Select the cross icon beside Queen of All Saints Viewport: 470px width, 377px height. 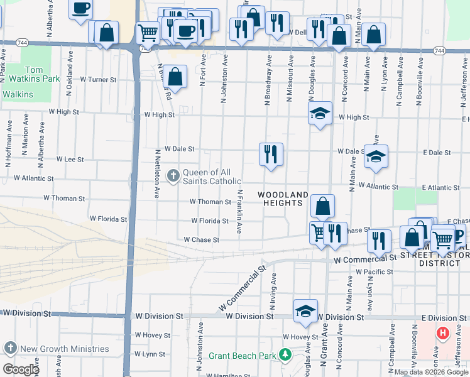173,177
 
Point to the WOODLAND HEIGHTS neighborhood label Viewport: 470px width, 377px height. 283,199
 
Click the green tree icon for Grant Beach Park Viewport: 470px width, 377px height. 285,355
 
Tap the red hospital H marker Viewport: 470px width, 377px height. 443,333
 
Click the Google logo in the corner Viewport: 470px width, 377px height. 20,369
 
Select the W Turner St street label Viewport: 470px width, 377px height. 94,80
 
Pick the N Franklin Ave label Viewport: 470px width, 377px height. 239,211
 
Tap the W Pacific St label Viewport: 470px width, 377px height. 374,272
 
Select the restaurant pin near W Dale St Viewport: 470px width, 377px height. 271,154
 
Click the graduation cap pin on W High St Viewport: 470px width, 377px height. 320,113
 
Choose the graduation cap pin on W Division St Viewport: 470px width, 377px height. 305,310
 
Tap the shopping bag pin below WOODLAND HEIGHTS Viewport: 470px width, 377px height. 322,205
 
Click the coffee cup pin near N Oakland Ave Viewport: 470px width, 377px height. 80,9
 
